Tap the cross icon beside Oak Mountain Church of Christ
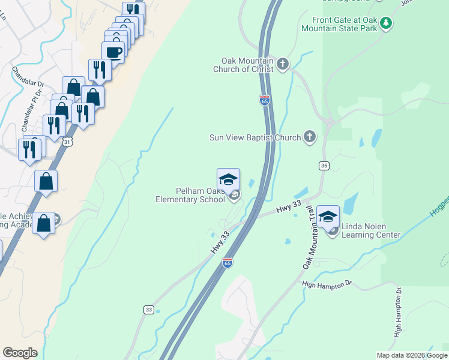pos(283,63)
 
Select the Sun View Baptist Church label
pos(255,137)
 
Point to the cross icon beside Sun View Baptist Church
pos(310,137)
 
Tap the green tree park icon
pos(387,23)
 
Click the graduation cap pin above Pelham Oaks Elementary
pos(228,179)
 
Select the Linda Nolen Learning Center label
pos(370,231)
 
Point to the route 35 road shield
pos(324,165)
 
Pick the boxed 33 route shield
pos(149,310)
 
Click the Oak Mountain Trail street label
pos(308,237)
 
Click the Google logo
pos(20,353)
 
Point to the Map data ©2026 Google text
pos(411,355)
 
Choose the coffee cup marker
pos(113,52)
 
